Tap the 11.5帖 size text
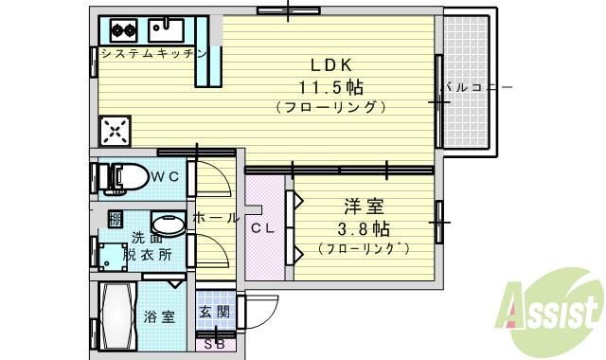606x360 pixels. (331, 86)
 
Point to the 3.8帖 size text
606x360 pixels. (364, 229)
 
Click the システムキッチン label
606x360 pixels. (153, 54)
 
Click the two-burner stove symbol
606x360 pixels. (125, 28)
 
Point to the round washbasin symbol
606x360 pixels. (168, 224)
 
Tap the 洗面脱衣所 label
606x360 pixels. (151, 245)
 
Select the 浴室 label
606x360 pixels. (159, 317)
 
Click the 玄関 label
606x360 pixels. (214, 311)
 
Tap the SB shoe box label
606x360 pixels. (214, 343)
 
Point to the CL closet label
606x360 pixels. (262, 228)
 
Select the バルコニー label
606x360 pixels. (478, 87)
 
